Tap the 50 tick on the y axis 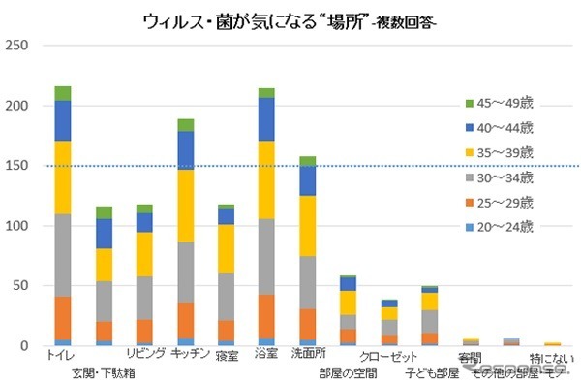19,286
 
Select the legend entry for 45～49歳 498,104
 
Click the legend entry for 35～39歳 498,152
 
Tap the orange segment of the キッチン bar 185,319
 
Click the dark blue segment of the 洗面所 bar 307,180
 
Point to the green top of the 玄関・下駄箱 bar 103,212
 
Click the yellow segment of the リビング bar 144,254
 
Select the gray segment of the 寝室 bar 226,296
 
